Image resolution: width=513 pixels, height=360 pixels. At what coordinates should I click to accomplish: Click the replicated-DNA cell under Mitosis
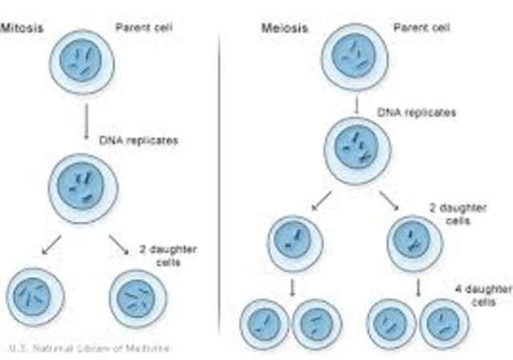tap(83, 189)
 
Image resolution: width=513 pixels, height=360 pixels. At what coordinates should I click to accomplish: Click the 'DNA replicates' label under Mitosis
tap(139, 140)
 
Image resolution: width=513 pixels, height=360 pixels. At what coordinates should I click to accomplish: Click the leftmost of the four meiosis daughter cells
tap(265, 323)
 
